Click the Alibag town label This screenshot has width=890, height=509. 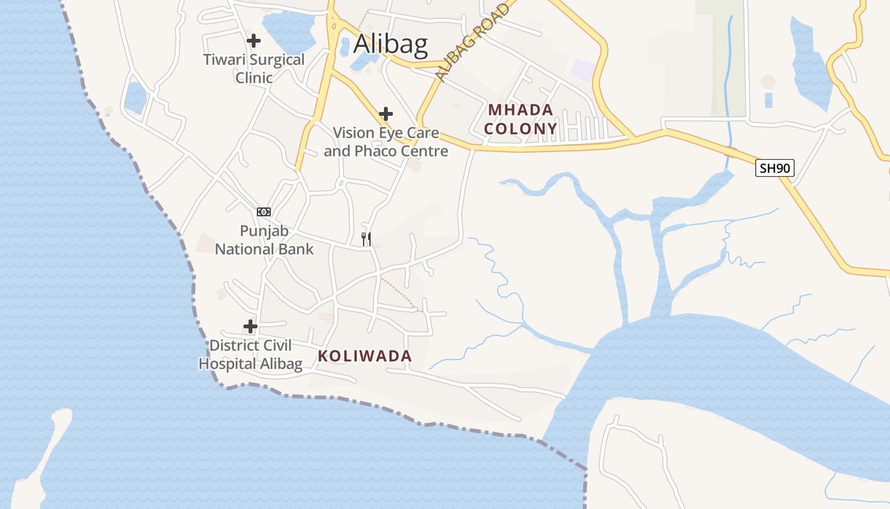coord(390,45)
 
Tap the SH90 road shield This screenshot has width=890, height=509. coord(775,168)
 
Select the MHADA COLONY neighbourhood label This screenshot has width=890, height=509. coord(520,119)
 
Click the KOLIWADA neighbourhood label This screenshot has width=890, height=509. coord(365,356)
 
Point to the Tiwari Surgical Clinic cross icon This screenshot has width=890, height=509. coord(254,41)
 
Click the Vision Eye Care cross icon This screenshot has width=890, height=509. coord(386,114)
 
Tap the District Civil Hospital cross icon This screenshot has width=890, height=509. coord(250,326)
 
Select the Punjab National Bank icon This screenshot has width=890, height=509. coord(264,211)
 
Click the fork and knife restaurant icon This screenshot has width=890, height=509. coord(366,239)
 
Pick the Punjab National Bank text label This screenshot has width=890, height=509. coord(264,239)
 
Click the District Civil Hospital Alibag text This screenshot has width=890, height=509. coord(250,354)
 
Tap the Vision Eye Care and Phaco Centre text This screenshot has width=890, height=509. coord(386,142)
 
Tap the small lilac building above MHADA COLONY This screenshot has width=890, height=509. coord(583,70)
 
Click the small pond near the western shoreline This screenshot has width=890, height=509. coord(135,97)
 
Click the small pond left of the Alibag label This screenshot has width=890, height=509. coord(345,47)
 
